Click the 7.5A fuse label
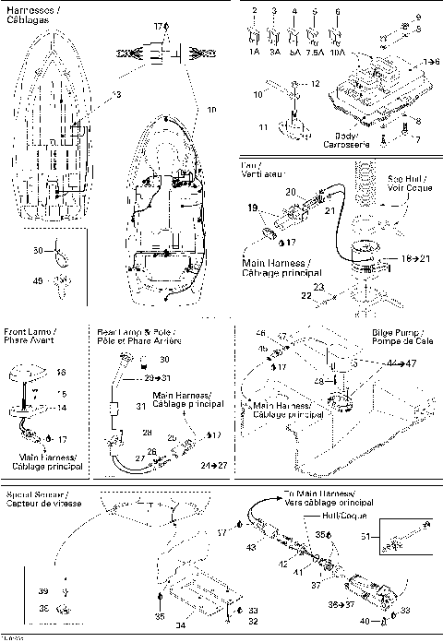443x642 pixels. [x=317, y=53]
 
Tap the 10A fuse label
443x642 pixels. [x=339, y=53]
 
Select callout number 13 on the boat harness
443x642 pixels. [x=117, y=95]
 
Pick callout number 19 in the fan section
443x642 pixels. [x=253, y=209]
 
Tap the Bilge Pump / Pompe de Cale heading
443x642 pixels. [x=400, y=335]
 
